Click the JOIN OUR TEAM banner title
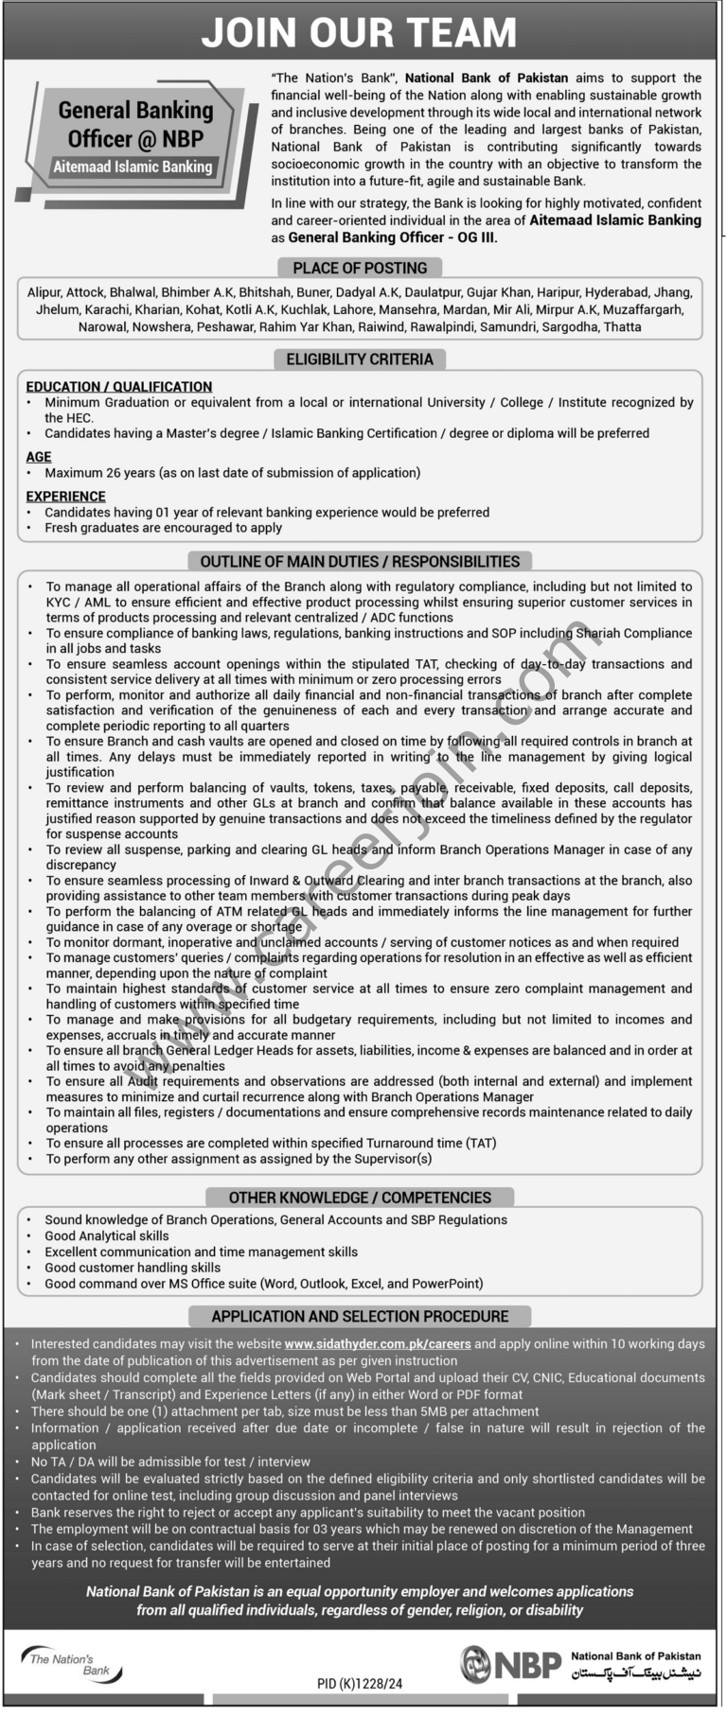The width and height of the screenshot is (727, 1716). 360,34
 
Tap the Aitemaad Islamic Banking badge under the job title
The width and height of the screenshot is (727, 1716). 133,166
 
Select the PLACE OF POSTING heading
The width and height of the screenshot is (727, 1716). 360,268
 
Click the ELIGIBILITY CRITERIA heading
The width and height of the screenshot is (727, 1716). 360,359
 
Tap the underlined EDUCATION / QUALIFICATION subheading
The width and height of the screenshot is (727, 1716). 119,386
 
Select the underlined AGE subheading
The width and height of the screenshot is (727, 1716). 39,456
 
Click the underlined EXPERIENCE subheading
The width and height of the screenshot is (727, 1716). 65,496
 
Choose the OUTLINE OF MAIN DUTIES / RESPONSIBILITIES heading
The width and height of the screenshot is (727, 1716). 360,561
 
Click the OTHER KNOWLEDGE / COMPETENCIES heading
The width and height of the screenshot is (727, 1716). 360,1197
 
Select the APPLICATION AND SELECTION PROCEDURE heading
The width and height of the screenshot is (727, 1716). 360,1316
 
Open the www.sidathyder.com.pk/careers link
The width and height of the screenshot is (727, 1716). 378,1343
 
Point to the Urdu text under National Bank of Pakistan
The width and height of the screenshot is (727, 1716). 635,1672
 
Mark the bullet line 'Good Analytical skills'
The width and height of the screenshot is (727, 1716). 107,1235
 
